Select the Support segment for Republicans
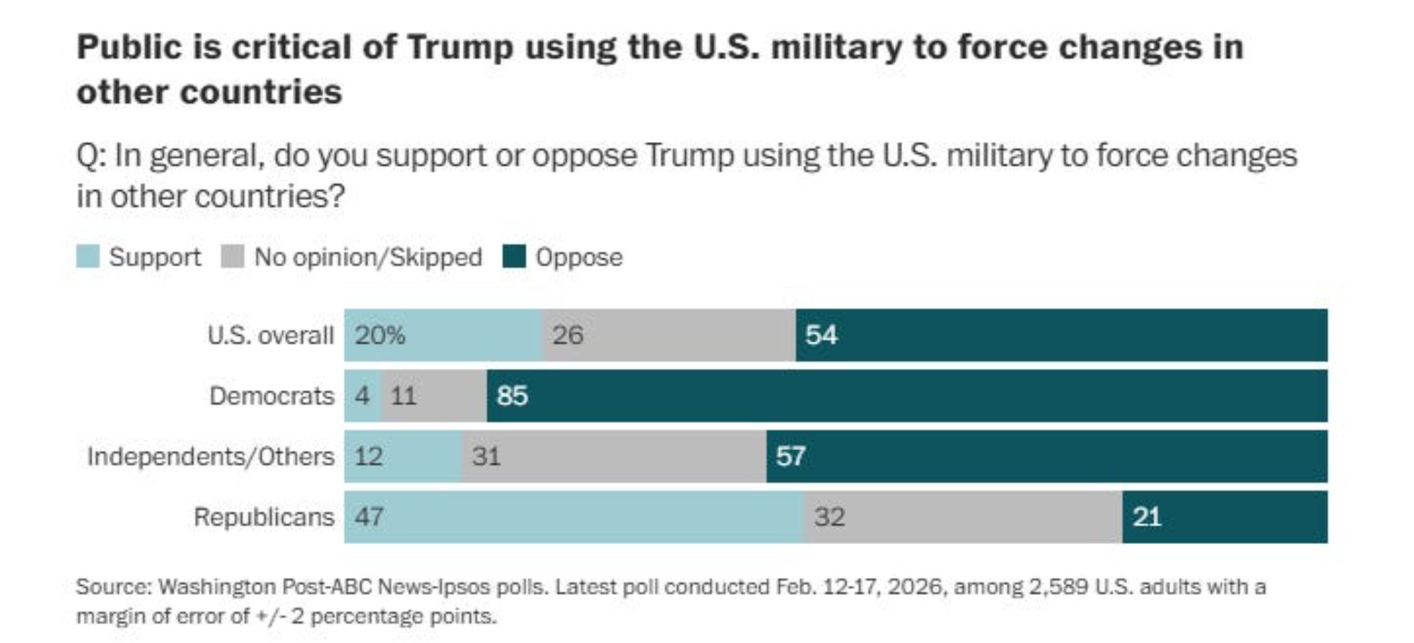click(573, 517)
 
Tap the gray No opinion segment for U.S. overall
click(669, 335)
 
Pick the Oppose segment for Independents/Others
click(1046, 456)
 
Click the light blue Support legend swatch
click(88, 256)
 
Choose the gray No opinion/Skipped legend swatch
click(233, 256)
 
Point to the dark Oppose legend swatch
click(514, 256)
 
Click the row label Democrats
click(271, 396)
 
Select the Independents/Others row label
click(211, 456)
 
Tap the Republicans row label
click(264, 517)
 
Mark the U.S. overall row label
click(270, 335)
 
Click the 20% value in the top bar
click(380, 335)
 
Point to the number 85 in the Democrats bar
click(512, 396)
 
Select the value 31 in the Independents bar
click(486, 456)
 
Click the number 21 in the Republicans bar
click(1147, 517)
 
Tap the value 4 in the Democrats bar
click(362, 396)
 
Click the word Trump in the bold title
click(460, 48)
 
